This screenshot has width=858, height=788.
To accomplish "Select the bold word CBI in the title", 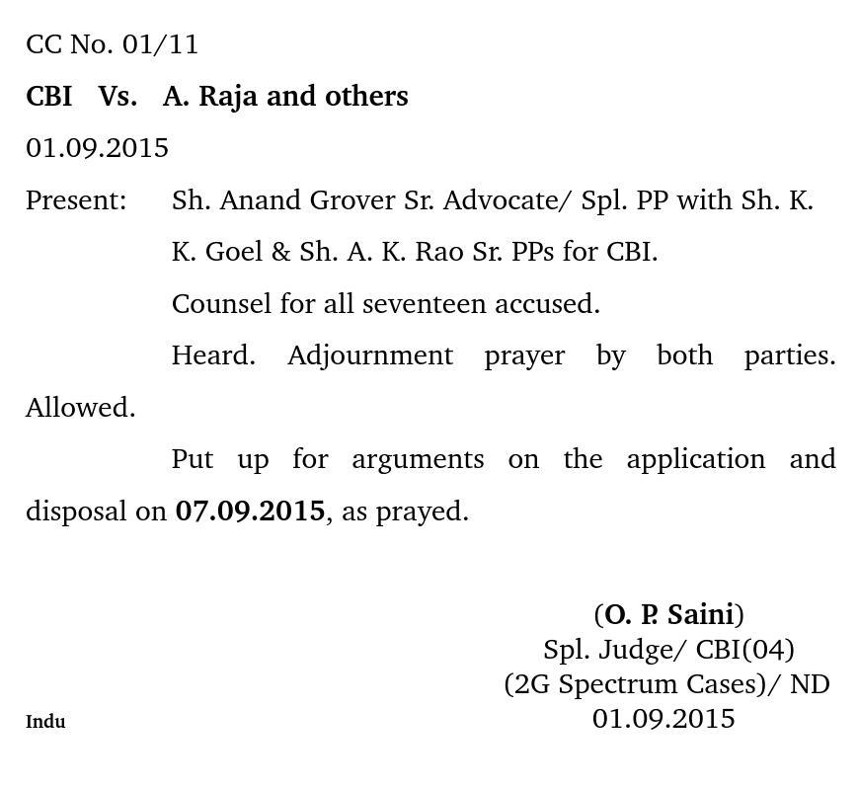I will [48, 97].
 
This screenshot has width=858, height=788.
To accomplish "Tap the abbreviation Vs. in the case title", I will [117, 97].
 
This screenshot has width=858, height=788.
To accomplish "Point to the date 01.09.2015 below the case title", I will [97, 148].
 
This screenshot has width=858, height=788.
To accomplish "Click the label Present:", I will [76, 200].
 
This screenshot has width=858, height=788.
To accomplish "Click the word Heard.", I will [213, 355].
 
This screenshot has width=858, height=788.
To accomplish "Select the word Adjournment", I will [370, 355].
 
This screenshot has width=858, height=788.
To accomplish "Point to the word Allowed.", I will [80, 408].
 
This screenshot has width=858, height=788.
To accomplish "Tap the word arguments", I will [418, 459].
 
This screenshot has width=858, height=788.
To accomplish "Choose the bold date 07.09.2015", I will [250, 512].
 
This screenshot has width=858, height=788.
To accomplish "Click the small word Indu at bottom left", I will [45, 722].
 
